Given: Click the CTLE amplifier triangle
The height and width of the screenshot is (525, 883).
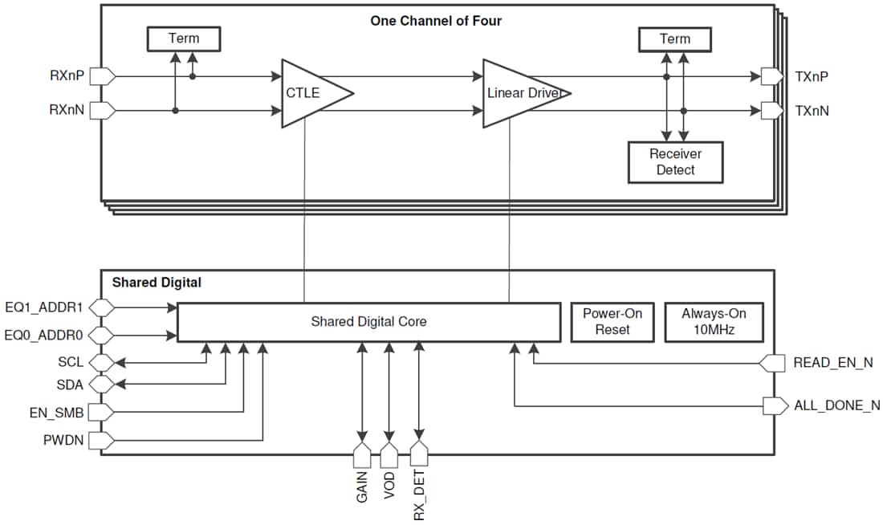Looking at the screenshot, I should point(309,93).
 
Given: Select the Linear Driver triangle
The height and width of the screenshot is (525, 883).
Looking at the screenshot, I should point(518,93).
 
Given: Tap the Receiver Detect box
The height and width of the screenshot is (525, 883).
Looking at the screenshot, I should point(675,162).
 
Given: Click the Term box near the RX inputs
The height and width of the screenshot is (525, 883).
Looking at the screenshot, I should point(183,39).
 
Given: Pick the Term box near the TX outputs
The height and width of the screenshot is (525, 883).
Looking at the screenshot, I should point(674,39).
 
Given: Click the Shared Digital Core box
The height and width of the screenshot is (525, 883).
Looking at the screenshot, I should point(368,322).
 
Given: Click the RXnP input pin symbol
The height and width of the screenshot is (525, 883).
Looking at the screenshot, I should point(103,77).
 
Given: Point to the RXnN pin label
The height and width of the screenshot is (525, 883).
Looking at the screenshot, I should point(67,110).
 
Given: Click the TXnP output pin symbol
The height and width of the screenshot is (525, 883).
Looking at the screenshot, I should point(771,77).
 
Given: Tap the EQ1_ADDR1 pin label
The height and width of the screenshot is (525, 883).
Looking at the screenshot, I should point(43,307).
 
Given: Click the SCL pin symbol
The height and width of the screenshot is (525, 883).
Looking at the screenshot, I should point(102,362).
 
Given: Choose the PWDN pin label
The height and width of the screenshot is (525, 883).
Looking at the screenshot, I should point(63,441).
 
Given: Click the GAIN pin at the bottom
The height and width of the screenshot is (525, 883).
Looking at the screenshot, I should point(362,455).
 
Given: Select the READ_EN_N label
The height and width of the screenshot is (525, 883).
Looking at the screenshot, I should point(832,363).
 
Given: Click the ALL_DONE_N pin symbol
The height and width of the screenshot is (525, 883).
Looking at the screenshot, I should point(775,405).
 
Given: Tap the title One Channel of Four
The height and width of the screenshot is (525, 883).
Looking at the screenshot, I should point(436,21).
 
